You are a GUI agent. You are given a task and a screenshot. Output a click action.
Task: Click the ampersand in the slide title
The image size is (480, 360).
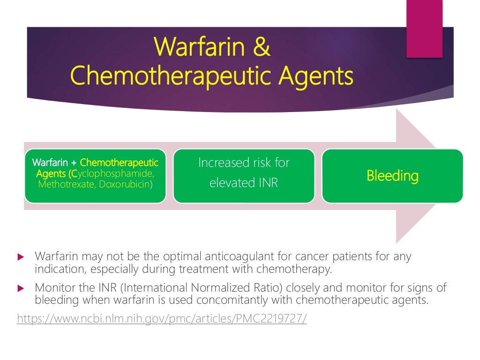click(262, 48)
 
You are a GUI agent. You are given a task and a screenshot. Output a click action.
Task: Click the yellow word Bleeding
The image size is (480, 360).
click(392, 176)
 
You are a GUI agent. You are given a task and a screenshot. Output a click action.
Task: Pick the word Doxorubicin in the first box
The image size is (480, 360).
click(124, 184)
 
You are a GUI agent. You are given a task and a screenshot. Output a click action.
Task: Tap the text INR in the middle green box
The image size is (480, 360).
click(267, 183)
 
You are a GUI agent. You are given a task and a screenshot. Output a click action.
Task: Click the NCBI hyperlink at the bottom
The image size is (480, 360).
click(162, 319)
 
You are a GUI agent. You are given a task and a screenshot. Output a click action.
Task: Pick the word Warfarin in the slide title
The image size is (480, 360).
click(197, 48)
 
